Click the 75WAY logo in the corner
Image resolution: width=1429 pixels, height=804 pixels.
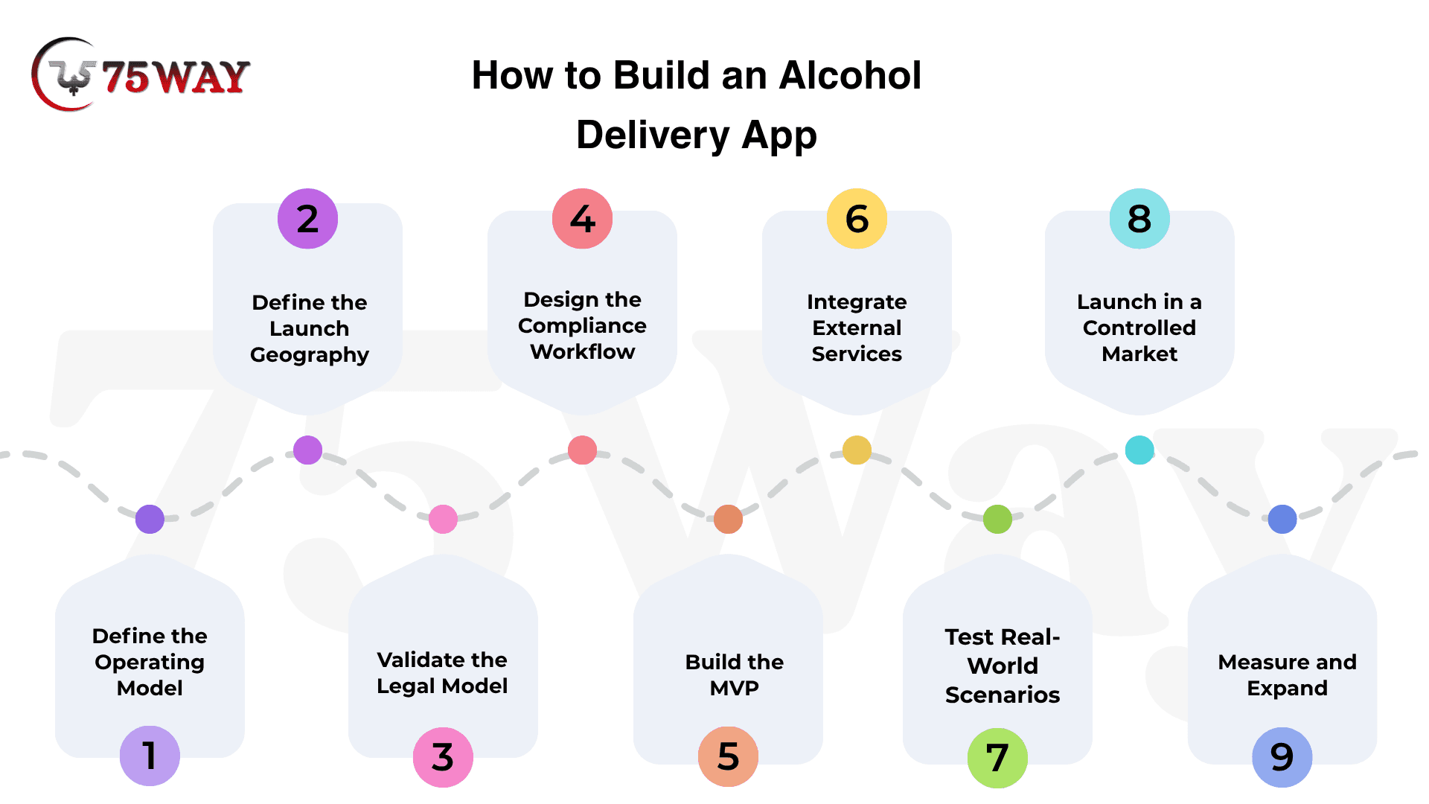[140, 75]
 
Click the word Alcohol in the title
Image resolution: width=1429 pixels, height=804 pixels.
[851, 75]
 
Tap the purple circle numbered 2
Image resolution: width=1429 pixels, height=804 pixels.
[307, 219]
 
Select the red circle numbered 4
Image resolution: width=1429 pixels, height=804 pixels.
[582, 219]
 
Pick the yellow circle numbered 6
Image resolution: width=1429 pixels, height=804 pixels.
[857, 219]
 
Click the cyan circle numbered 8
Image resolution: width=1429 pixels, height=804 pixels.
[1139, 219]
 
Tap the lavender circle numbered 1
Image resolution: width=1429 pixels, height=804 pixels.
[150, 756]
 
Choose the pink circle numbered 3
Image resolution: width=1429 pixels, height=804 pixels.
[443, 757]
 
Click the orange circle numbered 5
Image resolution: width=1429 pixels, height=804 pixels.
[728, 756]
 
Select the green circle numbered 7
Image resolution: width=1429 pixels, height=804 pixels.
[997, 758]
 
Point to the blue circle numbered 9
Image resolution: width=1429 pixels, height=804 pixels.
[1282, 757]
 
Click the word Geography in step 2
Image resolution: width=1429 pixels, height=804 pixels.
[310, 355]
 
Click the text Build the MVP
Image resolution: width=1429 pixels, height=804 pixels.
[735, 674]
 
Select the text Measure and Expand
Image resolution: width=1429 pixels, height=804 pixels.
[1288, 674]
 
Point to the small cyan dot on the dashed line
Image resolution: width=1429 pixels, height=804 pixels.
[1139, 450]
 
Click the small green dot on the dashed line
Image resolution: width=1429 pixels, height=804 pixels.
[997, 519]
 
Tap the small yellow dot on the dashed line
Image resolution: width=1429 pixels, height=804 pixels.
[857, 450]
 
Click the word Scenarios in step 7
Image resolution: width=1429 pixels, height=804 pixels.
[1003, 695]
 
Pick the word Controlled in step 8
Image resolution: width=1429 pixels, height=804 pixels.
[1139, 328]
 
